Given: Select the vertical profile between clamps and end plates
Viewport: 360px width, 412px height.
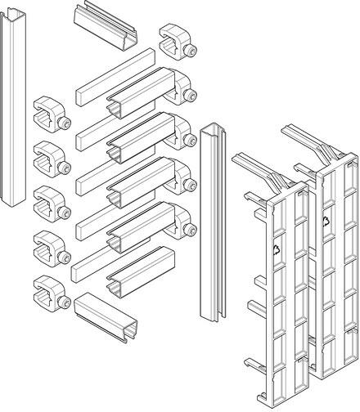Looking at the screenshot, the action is click(x=213, y=223).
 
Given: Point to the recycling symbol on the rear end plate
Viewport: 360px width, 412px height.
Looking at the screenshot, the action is click(x=326, y=222).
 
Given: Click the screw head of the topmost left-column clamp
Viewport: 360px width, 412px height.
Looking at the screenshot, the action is click(x=65, y=123).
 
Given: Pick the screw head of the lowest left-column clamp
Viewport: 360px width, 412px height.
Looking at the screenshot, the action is click(x=65, y=302).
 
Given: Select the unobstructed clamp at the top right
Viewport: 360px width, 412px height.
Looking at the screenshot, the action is click(x=178, y=43).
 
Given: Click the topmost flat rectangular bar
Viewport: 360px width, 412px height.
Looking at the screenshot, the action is click(x=115, y=77).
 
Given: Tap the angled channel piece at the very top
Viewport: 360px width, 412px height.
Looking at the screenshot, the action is click(x=106, y=26).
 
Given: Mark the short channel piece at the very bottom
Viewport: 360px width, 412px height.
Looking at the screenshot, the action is click(x=106, y=317).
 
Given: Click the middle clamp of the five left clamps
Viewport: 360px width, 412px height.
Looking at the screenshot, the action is click(x=52, y=204).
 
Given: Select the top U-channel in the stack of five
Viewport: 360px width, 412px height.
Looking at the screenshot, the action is click(x=141, y=92).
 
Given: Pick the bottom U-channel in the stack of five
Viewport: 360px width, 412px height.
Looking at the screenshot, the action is click(x=141, y=272).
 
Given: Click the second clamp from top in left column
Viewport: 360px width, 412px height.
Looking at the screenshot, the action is click(x=52, y=159).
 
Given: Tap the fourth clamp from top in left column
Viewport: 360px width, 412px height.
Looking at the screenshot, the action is click(x=52, y=249).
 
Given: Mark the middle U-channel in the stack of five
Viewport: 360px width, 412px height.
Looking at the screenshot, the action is click(x=141, y=182).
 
